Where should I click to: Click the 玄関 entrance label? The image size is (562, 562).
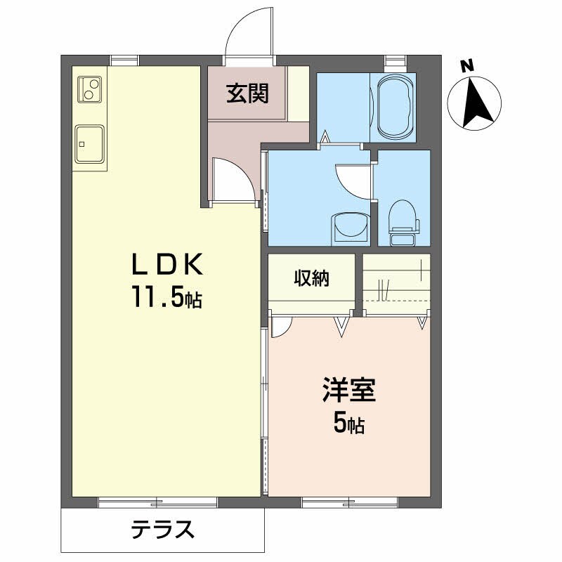247,93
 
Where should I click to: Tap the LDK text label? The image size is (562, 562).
168,266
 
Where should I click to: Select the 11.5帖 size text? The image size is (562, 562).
165,299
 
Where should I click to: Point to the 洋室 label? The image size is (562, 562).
349,391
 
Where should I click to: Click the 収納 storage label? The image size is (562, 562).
312,279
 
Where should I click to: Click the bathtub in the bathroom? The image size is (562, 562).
397,107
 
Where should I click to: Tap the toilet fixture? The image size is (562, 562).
403,218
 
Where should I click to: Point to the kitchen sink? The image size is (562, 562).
90,145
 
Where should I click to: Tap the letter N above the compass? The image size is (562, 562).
467,67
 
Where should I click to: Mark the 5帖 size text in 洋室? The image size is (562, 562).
348,424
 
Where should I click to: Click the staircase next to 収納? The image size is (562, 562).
396,281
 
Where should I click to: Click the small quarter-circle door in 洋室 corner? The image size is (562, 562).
280,326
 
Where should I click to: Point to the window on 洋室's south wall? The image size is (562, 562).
350,501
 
